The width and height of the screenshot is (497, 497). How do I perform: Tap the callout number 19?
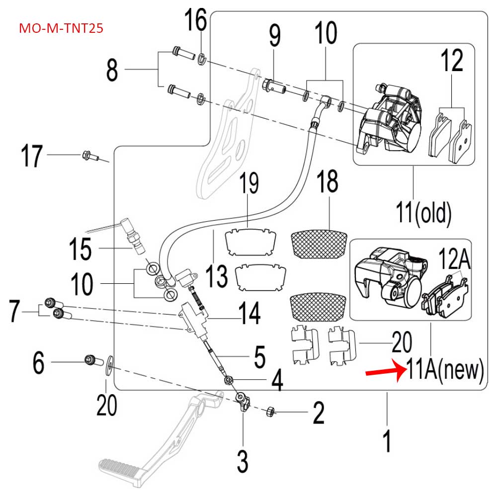pyautogui.click(x=249, y=184)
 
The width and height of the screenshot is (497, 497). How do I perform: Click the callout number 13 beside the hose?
pyautogui.click(x=217, y=276)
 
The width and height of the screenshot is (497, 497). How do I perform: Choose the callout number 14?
pyautogui.click(x=248, y=314)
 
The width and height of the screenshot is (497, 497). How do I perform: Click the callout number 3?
pyautogui.click(x=243, y=461)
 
